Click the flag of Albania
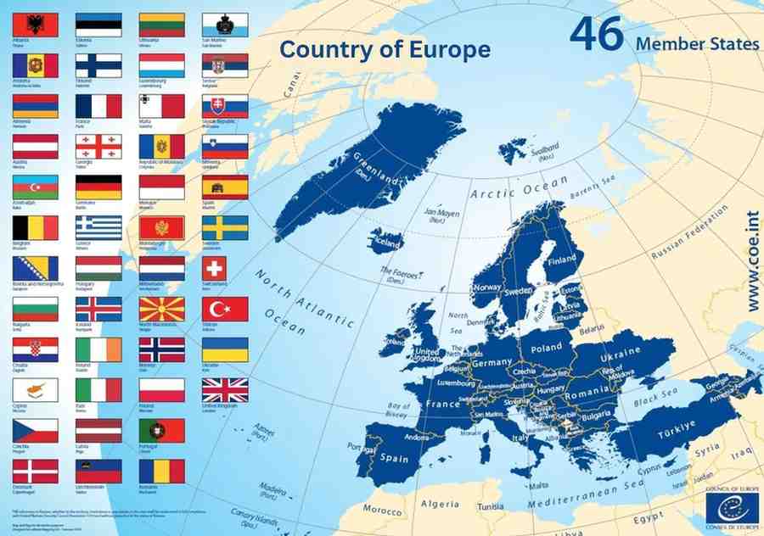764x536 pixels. point(36,25)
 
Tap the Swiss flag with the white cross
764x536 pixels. point(225,268)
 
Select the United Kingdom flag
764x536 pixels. point(225,389)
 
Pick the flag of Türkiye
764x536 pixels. point(225,309)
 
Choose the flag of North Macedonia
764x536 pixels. point(161,309)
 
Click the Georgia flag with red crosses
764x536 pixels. point(98,147)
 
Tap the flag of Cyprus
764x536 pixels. point(36,389)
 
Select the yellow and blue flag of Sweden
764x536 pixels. point(225,227)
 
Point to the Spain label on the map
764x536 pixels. point(393,458)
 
